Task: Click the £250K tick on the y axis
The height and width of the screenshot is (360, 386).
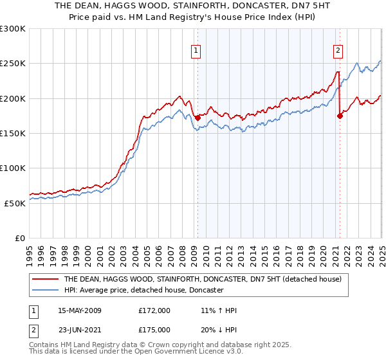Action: (x=13, y=64)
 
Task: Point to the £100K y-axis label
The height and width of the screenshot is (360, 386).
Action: (x=13, y=168)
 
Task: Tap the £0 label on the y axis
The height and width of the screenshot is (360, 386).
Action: (x=21, y=238)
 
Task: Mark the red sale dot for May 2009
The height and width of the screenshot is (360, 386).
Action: (x=198, y=118)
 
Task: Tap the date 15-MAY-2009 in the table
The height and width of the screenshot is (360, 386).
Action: (x=80, y=310)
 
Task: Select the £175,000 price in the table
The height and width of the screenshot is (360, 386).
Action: (x=154, y=331)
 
